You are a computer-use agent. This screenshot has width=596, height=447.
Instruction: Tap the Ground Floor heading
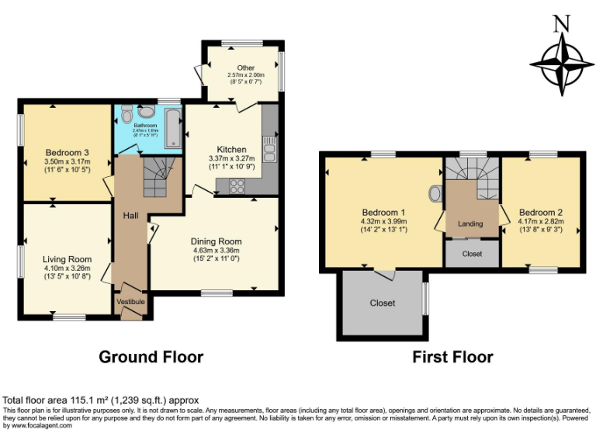tap(151, 357)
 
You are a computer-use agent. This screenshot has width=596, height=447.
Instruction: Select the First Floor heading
tap(453, 357)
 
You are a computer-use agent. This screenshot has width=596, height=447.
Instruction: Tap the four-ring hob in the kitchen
tap(236, 185)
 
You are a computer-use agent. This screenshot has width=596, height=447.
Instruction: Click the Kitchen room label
tap(231, 149)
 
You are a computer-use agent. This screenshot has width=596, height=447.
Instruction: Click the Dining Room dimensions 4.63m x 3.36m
tap(217, 251)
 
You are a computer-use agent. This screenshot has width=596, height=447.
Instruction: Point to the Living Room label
tap(68, 259)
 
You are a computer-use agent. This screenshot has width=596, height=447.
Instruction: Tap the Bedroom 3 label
tap(67, 152)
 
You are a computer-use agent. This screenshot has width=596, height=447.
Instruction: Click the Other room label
tap(246, 68)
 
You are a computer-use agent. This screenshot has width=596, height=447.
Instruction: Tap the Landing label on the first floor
tap(470, 223)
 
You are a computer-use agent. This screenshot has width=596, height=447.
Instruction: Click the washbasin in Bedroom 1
tap(435, 193)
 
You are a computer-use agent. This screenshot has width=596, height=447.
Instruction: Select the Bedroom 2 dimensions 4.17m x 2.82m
tap(541, 221)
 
